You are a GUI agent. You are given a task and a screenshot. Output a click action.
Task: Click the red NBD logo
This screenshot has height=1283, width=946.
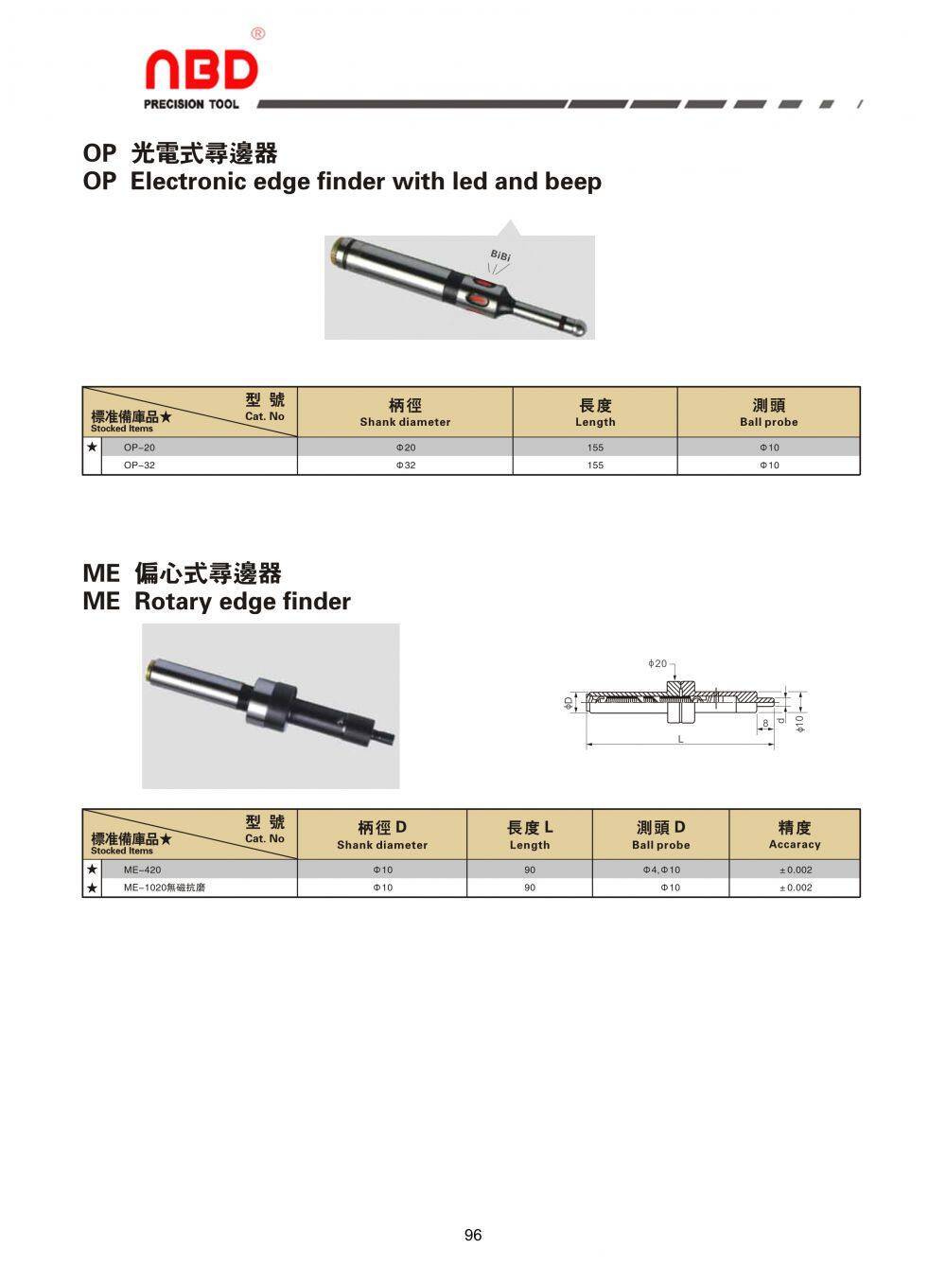[201, 71]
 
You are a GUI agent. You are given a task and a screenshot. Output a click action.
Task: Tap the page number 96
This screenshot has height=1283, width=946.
[473, 1235]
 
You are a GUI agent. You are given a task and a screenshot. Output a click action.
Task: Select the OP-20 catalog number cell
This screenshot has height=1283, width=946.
[139, 448]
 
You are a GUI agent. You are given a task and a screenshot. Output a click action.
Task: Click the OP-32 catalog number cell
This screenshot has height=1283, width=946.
[139, 466]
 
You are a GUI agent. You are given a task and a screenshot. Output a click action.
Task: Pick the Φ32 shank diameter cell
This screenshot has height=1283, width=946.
[405, 466]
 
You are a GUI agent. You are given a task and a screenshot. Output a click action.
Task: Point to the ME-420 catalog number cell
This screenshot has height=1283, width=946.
[142, 870]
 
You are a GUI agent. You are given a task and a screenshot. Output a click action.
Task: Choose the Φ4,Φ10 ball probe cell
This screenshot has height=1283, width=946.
[660, 870]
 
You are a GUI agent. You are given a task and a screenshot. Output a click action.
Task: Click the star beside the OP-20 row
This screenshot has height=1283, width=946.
[92, 447]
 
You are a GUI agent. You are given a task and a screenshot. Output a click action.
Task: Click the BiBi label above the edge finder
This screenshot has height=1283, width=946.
[500, 255]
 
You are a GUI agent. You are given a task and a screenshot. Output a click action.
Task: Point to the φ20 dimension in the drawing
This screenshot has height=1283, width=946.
[657, 664]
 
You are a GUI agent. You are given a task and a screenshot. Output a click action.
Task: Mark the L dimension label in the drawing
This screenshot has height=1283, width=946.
[680, 739]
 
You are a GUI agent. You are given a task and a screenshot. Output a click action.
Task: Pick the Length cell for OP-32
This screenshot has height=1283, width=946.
[594, 466]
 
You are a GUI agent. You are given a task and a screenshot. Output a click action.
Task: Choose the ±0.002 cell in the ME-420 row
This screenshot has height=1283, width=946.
[794, 870]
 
